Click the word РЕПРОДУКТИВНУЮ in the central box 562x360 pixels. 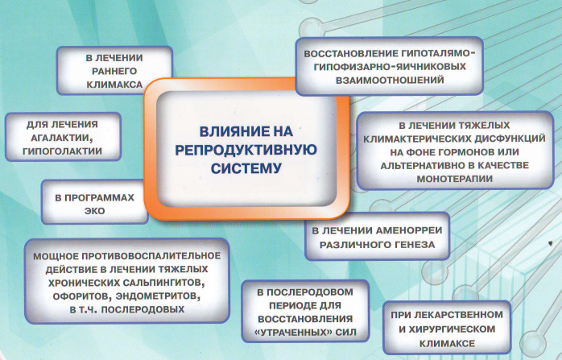(246, 150)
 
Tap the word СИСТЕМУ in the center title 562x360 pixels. (246, 168)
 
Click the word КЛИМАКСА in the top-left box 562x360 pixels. (114, 85)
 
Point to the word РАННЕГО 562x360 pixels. (114, 72)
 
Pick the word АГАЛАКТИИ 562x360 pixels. (62, 138)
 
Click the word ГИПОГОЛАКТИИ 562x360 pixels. (62, 151)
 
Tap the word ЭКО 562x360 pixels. (95, 211)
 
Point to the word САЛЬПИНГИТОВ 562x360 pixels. (164, 283)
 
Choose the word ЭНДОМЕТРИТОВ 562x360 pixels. (159, 296)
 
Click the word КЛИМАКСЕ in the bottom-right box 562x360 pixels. (447, 343)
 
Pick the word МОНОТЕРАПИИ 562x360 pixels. (454, 179)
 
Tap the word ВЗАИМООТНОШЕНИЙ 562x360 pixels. (390, 80)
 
